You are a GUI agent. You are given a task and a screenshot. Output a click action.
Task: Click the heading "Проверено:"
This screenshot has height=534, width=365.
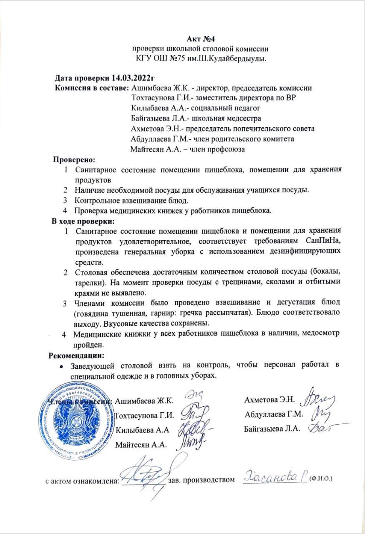tap(74, 159)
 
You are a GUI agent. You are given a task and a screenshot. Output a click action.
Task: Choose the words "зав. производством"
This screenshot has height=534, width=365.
tap(201, 480)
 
